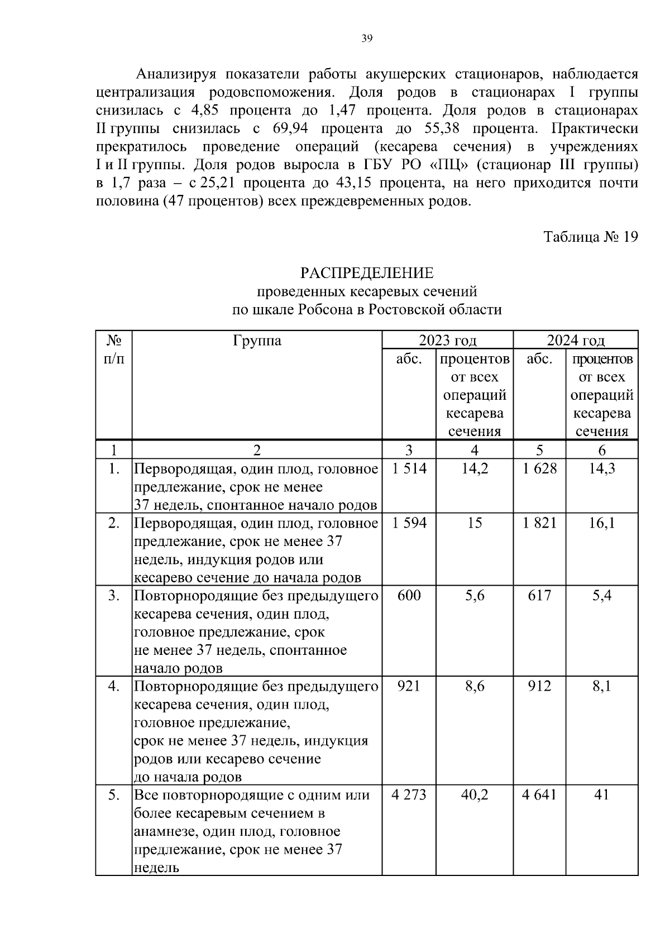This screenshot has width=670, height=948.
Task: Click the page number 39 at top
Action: tap(367, 39)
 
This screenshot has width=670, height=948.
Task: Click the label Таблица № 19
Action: tap(590, 237)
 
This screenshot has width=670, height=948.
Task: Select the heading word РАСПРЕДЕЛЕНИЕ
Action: tap(367, 273)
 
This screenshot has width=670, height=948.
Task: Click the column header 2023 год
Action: tap(447, 341)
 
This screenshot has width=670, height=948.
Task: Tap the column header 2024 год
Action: tap(576, 341)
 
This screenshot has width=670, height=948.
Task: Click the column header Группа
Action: tap(257, 341)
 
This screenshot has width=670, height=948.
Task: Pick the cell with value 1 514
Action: tap(409, 469)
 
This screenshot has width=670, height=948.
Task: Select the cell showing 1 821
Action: tap(539, 523)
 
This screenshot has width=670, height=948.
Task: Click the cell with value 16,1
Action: tap(602, 523)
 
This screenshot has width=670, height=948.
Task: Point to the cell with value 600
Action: tap(409, 596)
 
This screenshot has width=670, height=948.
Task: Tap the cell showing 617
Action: tap(539, 596)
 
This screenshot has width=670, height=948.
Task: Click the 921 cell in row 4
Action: tap(409, 686)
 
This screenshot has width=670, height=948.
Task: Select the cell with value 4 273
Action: tap(409, 795)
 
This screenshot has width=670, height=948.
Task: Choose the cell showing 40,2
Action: tap(475, 795)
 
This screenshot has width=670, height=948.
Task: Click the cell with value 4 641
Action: tap(539, 795)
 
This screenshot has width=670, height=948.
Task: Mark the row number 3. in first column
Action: tap(114, 596)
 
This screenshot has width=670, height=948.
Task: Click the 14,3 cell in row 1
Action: tap(602, 469)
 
